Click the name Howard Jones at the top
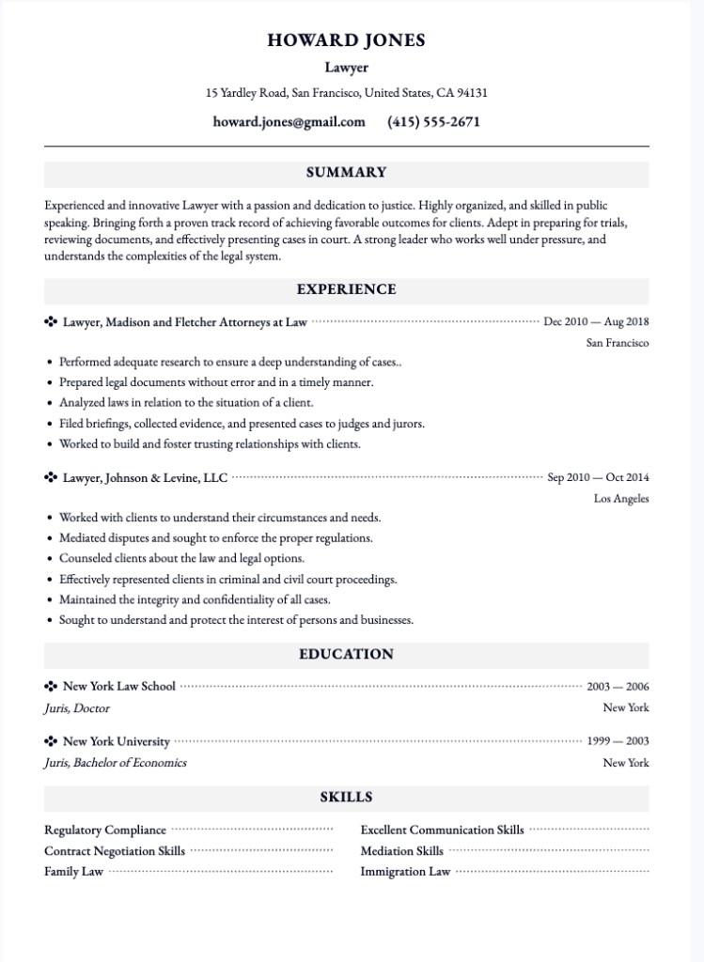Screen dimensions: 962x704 click(346, 40)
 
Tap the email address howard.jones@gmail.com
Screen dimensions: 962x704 click(289, 122)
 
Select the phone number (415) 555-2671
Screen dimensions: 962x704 click(433, 122)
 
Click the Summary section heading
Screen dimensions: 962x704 click(346, 173)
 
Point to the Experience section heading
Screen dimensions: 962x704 click(346, 289)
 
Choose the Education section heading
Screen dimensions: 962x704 click(346, 654)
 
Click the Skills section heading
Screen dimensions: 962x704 click(346, 798)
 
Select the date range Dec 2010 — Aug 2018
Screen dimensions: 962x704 click(596, 322)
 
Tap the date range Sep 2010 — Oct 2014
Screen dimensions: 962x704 click(598, 478)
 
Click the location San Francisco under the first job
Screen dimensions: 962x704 click(617, 343)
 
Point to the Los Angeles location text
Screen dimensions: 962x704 click(620, 499)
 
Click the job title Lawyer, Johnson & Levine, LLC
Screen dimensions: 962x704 click(145, 478)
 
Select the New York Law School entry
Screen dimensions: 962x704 click(118, 687)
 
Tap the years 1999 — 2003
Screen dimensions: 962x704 click(618, 741)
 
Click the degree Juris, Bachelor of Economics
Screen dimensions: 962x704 click(115, 763)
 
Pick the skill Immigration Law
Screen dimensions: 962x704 click(405, 872)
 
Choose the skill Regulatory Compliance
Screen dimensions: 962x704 click(104, 830)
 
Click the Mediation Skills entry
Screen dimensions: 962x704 click(401, 851)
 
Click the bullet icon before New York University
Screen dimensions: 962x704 click(51, 741)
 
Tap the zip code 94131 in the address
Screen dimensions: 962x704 click(471, 93)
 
